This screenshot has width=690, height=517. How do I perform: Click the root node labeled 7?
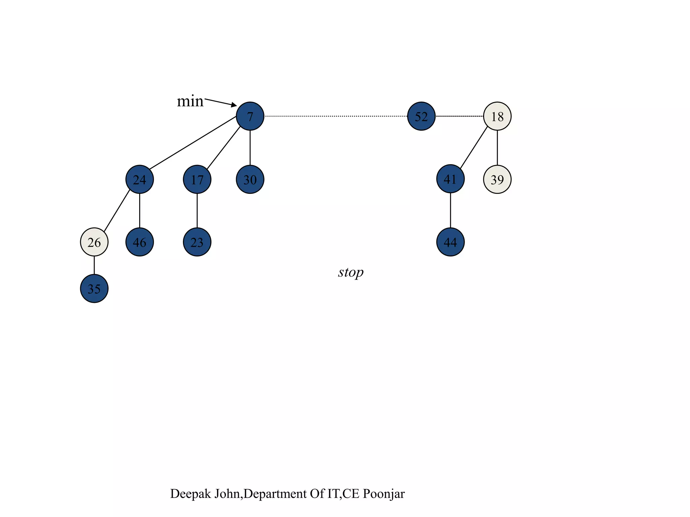(250, 116)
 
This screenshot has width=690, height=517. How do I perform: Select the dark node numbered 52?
(421, 116)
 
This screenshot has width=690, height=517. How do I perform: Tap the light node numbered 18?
(497, 116)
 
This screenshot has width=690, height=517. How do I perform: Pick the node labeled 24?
(139, 179)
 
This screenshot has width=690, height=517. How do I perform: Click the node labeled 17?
(197, 179)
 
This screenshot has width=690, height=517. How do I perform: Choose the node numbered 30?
(250, 179)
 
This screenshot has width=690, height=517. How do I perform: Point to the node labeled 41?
(450, 179)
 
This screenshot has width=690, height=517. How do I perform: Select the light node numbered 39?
(497, 179)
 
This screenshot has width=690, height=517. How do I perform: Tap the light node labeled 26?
(94, 242)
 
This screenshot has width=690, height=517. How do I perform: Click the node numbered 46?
(139, 242)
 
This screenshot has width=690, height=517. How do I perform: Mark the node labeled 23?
(197, 242)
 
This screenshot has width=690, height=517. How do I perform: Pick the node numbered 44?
(450, 242)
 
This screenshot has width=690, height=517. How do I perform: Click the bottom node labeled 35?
(94, 288)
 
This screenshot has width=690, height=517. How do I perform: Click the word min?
(190, 101)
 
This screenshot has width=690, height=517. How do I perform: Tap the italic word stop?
(351, 272)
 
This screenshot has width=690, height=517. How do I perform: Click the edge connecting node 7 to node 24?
(192, 143)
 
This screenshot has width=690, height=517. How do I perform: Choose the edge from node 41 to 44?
(450, 210)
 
